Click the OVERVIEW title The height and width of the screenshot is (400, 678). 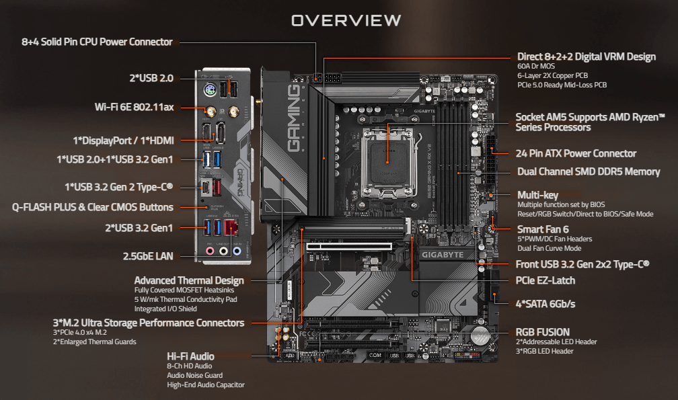(x=346, y=21)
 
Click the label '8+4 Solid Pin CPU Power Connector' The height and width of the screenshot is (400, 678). (x=97, y=42)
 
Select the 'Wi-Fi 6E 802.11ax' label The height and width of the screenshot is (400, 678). (x=135, y=107)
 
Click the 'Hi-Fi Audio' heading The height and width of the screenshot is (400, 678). (x=190, y=356)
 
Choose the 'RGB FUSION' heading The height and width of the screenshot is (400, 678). (x=543, y=332)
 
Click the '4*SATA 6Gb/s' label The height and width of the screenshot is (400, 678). (x=545, y=304)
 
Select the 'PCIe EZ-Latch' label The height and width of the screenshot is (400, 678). (x=545, y=280)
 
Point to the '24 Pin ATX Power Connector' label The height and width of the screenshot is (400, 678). (x=576, y=153)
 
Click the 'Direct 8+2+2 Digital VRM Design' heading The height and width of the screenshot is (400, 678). (x=586, y=56)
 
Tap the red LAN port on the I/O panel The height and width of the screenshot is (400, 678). (x=231, y=227)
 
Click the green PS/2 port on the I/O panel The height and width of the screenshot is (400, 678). (x=209, y=91)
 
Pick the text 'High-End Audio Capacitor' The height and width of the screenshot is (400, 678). (x=206, y=385)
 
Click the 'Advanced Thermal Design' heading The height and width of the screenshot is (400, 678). (x=189, y=280)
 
